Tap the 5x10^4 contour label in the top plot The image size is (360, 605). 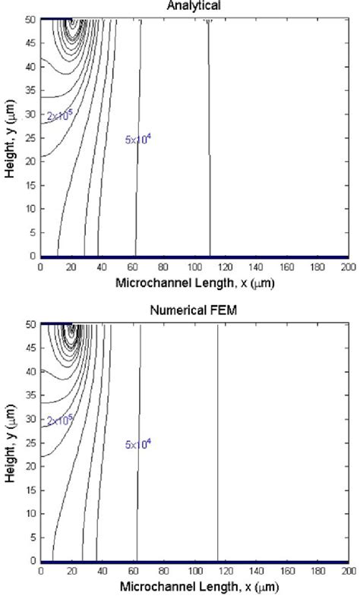point(138,139)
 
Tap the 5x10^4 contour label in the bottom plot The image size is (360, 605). point(138,444)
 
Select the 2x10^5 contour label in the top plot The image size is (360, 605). point(59,115)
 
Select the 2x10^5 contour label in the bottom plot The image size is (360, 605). point(59,421)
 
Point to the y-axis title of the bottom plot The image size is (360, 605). point(9,442)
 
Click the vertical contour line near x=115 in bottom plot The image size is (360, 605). point(218,455)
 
